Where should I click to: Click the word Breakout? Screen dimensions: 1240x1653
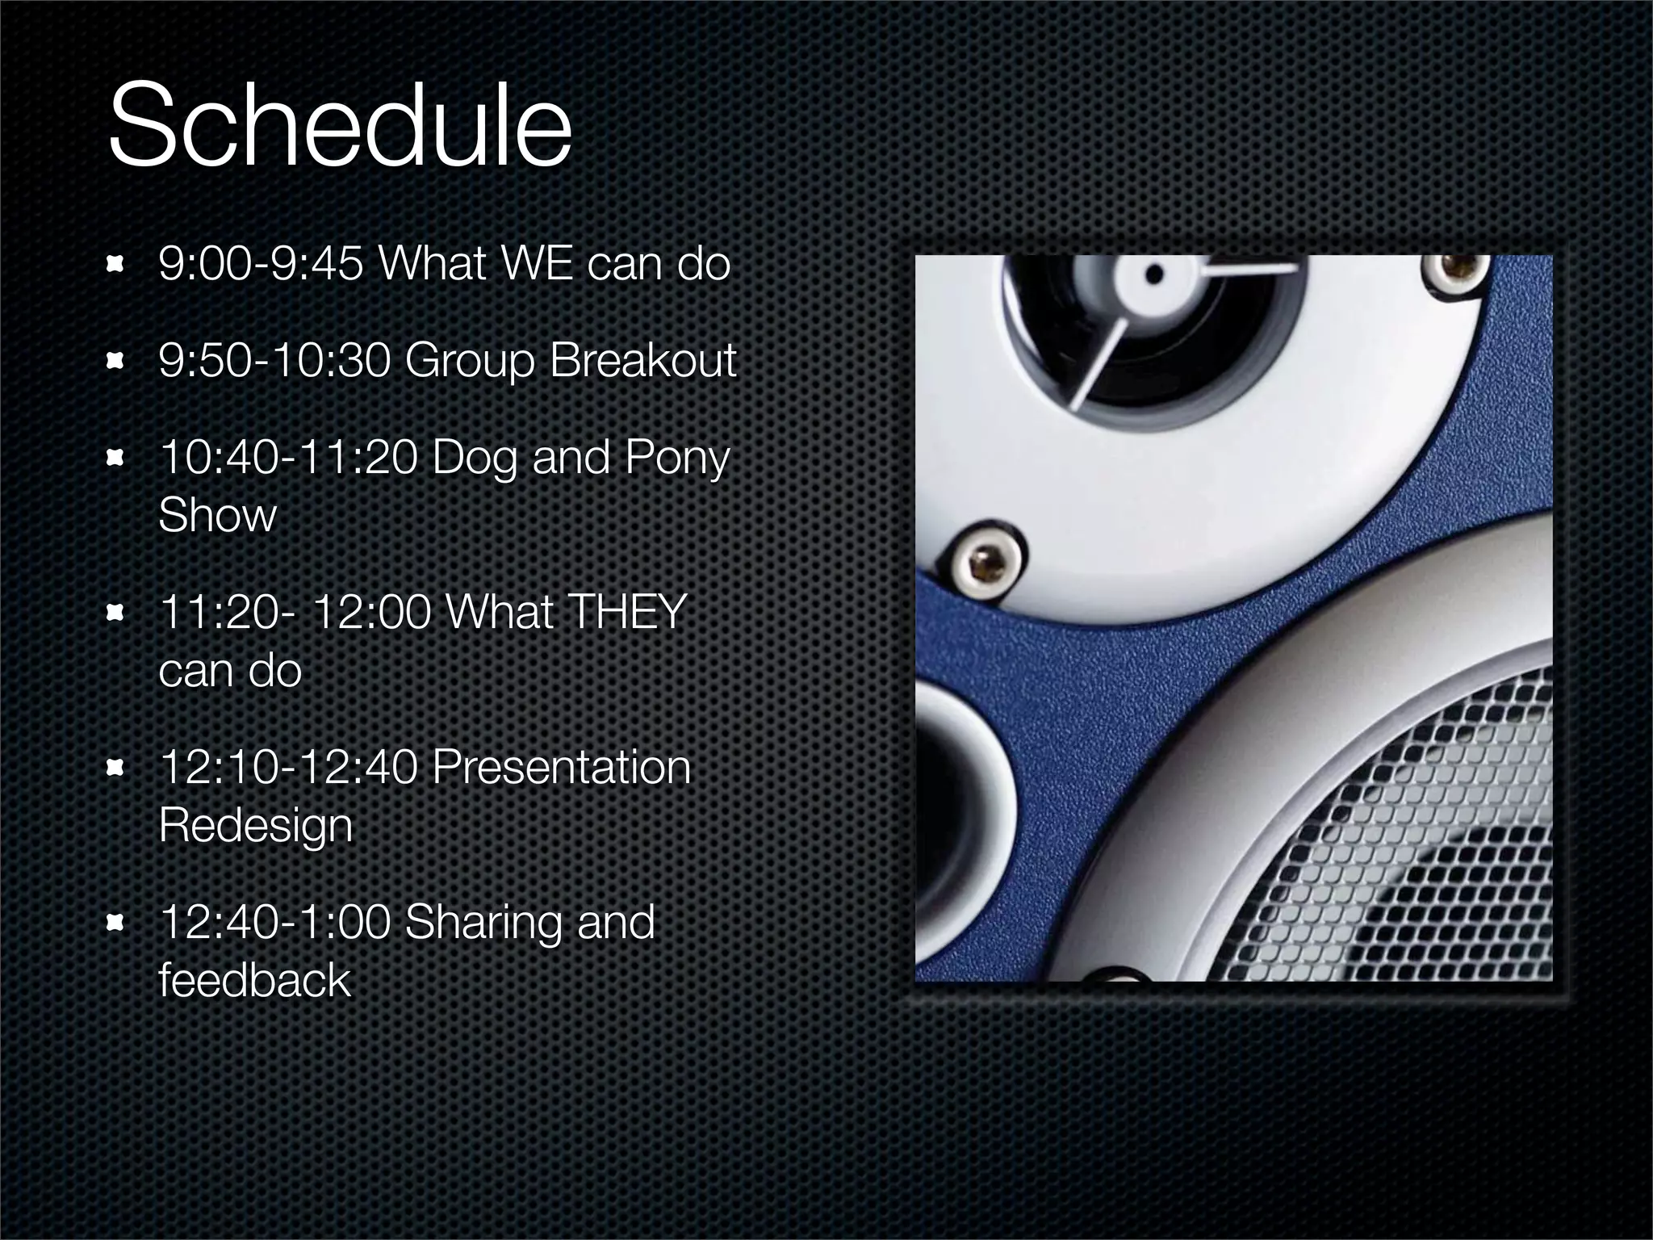coord(642,360)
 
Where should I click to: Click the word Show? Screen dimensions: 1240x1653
coord(217,516)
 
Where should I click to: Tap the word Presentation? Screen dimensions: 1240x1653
coord(561,767)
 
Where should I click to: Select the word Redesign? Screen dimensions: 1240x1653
coord(256,826)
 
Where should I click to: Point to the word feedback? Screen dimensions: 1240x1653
coord(254,980)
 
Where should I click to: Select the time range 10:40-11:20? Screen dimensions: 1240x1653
coord(289,458)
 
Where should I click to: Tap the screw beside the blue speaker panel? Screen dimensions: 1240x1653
coord(984,562)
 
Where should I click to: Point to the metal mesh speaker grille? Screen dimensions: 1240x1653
coord(1404,856)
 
